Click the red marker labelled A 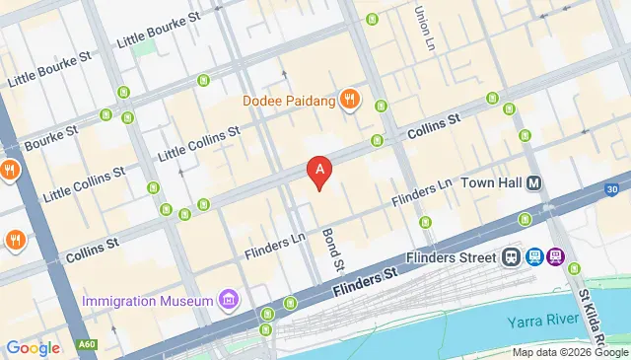click(318, 172)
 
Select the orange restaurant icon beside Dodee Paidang click(348, 99)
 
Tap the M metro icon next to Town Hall click(534, 183)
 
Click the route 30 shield click(612, 189)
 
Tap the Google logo click(33, 347)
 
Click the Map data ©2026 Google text click(569, 352)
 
